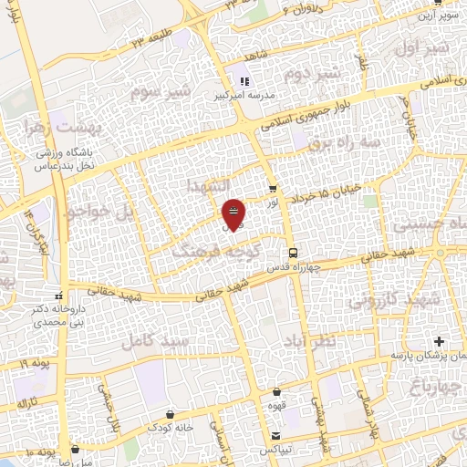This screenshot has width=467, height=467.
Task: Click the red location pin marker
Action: coord(233,213)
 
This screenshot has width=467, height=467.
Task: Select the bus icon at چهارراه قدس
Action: coord(292,253)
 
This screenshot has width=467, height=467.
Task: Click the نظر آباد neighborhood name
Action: coord(321,339)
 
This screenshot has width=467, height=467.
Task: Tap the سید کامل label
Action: coord(161,340)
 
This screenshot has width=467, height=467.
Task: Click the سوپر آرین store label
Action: coord(436,16)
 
